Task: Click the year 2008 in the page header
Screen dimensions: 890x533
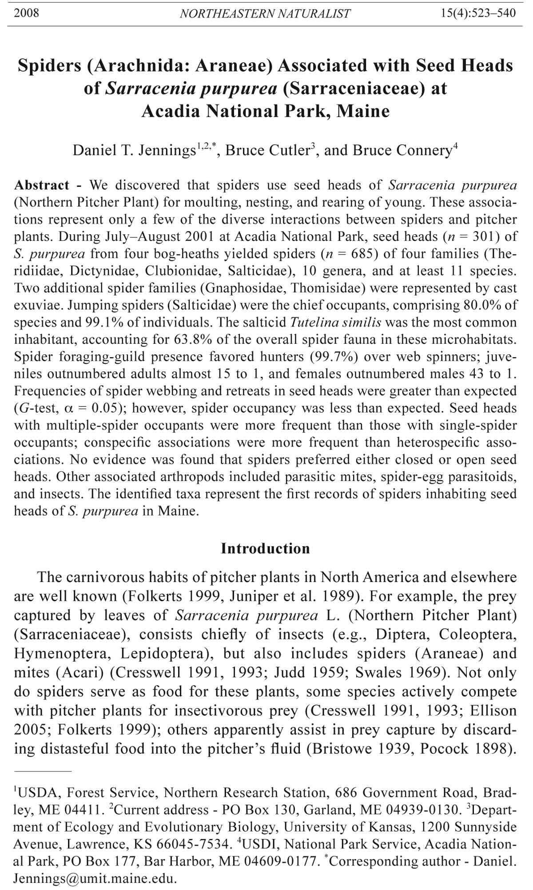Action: pos(26,13)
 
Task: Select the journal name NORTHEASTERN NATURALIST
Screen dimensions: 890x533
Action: pos(265,14)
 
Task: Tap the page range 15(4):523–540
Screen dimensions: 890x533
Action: pos(478,13)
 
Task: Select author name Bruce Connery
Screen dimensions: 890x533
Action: pos(402,151)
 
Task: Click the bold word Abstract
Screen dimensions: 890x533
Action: pos(42,185)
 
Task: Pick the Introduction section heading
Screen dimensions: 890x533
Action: pos(265,549)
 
